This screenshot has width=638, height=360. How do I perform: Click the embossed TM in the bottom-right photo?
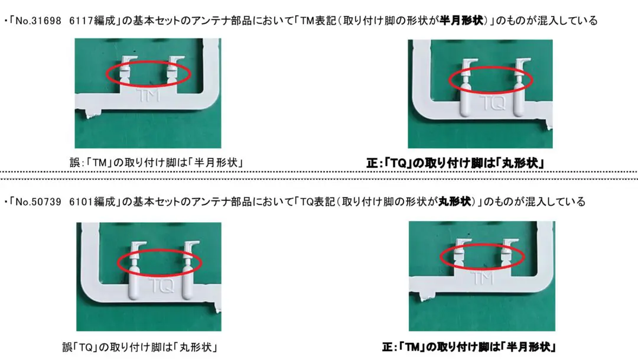[482, 276]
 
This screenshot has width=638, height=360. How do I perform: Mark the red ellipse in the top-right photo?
[490, 81]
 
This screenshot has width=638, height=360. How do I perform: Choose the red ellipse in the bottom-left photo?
[160, 261]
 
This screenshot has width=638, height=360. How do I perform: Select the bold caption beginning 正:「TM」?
[469, 346]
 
